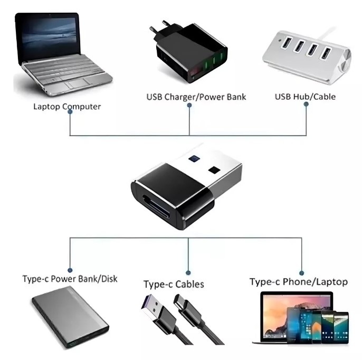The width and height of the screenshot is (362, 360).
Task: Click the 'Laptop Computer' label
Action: [67, 107]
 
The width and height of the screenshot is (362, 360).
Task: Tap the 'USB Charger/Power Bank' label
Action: [196, 97]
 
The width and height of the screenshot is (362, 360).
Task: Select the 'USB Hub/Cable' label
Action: [305, 97]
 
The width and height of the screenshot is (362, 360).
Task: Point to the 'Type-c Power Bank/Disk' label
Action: [70, 279]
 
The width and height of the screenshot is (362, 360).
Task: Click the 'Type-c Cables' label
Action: [174, 284]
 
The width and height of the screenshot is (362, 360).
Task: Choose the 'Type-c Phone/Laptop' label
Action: [299, 282]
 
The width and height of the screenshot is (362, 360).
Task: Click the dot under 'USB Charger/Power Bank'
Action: [189, 105]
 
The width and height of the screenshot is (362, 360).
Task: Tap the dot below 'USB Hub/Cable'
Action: [306, 104]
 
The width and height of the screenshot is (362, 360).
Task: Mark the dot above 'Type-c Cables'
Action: [188, 273]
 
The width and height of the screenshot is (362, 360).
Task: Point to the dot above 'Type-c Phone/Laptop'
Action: [301, 273]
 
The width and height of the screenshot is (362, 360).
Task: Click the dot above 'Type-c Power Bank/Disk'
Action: [70, 270]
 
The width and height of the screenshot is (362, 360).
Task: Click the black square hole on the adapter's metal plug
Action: [214, 170]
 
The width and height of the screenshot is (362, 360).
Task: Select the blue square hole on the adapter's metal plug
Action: [194, 159]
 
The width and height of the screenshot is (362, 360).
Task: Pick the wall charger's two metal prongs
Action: [161, 26]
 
